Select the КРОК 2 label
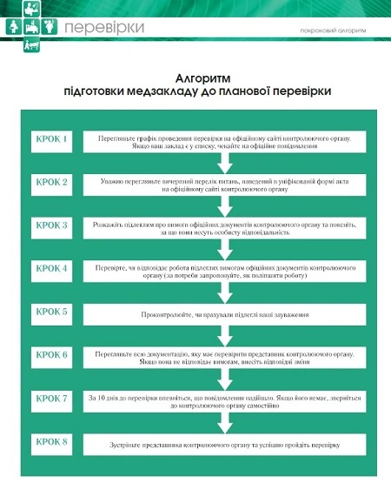tap(52, 183)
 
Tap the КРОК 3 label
tap(52, 225)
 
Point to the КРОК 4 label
tap(52, 268)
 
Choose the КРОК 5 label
tap(52, 312)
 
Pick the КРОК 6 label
tap(52, 354)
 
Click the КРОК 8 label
tap(52, 442)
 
